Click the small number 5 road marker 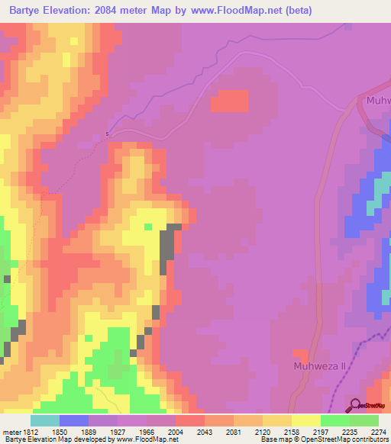pos(108,134)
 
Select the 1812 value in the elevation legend pos(30,432)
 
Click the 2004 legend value pos(175,432)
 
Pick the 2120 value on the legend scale pos(263,432)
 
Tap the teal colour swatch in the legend pos(45,420)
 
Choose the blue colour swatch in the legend pos(74,420)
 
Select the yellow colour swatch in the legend pos(306,420)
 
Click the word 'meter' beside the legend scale pos(11,432)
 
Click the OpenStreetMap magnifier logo pos(357,407)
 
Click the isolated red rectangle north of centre pos(230,101)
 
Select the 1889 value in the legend pos(88,432)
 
